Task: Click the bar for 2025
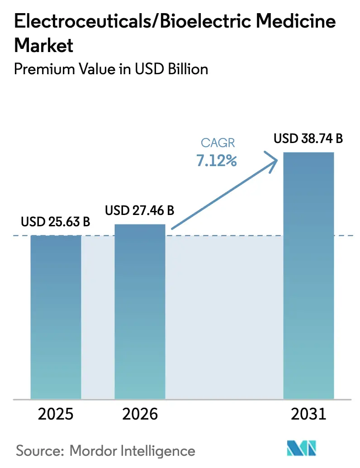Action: pos(56,317)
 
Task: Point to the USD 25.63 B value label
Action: pos(56,222)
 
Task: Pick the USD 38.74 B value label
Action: pos(308,139)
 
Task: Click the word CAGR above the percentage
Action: pos(218,143)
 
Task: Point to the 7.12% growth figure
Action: pos(217,160)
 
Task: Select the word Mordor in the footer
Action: pos(92,451)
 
